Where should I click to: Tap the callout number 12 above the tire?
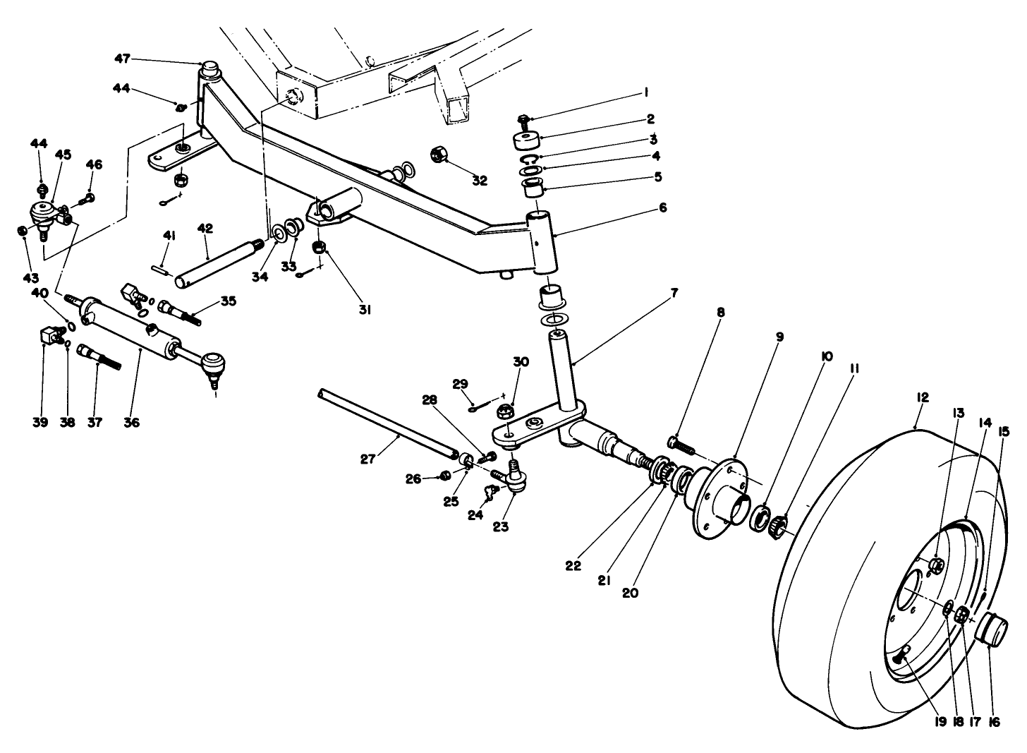coord(923,397)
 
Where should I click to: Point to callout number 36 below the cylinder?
coord(132,422)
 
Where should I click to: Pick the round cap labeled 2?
coord(528,140)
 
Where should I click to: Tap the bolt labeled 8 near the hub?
coord(681,446)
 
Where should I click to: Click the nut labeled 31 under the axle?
coord(319,248)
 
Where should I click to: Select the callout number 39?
coord(40,422)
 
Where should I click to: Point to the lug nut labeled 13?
coord(937,565)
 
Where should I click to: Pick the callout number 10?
coord(826,357)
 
